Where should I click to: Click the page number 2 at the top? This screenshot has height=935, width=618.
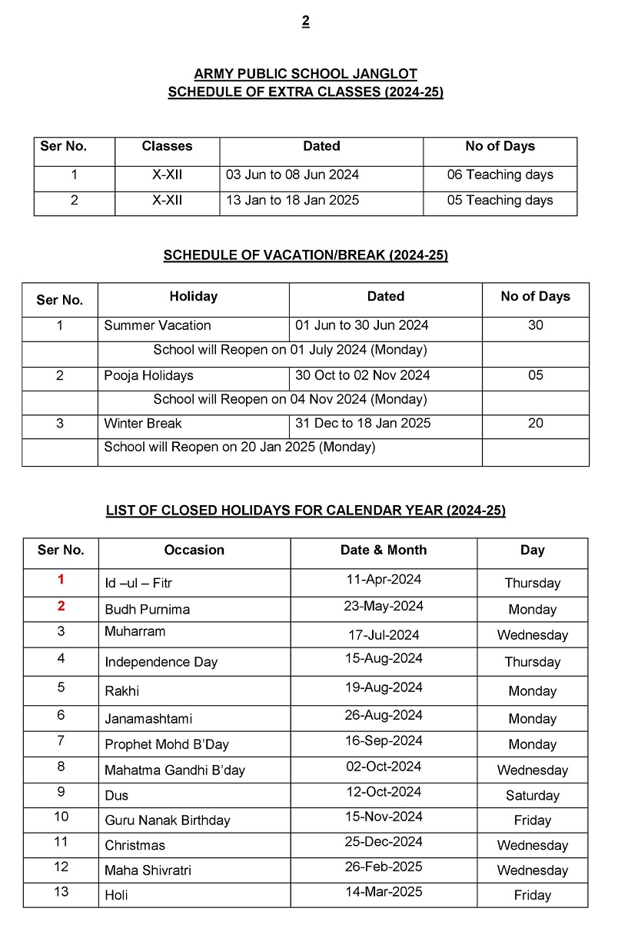click(x=305, y=22)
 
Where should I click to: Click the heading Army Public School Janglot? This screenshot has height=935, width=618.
click(x=305, y=75)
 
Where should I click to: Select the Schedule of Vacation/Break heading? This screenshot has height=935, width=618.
click(x=305, y=255)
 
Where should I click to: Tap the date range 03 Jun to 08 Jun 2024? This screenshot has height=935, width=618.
click(x=292, y=175)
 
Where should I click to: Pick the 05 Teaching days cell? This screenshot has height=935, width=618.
click(x=500, y=200)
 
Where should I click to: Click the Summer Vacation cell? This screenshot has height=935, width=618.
click(x=158, y=325)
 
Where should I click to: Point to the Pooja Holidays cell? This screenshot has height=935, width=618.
click(x=148, y=375)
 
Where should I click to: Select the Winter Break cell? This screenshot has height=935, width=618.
click(x=143, y=423)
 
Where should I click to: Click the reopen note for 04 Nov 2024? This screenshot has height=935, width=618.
click(x=290, y=399)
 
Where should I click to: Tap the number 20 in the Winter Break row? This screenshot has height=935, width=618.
click(x=535, y=423)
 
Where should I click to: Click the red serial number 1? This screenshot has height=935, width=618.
click(x=61, y=580)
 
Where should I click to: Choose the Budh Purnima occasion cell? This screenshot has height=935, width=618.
click(x=147, y=609)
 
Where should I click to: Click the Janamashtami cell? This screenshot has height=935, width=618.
click(x=148, y=719)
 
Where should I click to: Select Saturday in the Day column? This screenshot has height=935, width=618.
click(x=532, y=795)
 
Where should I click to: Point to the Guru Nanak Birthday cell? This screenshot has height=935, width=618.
click(x=168, y=820)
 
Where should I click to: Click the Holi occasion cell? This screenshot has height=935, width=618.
click(x=117, y=895)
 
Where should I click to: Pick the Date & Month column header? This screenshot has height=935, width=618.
click(x=383, y=550)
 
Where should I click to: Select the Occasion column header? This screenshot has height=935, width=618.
click(x=194, y=550)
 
